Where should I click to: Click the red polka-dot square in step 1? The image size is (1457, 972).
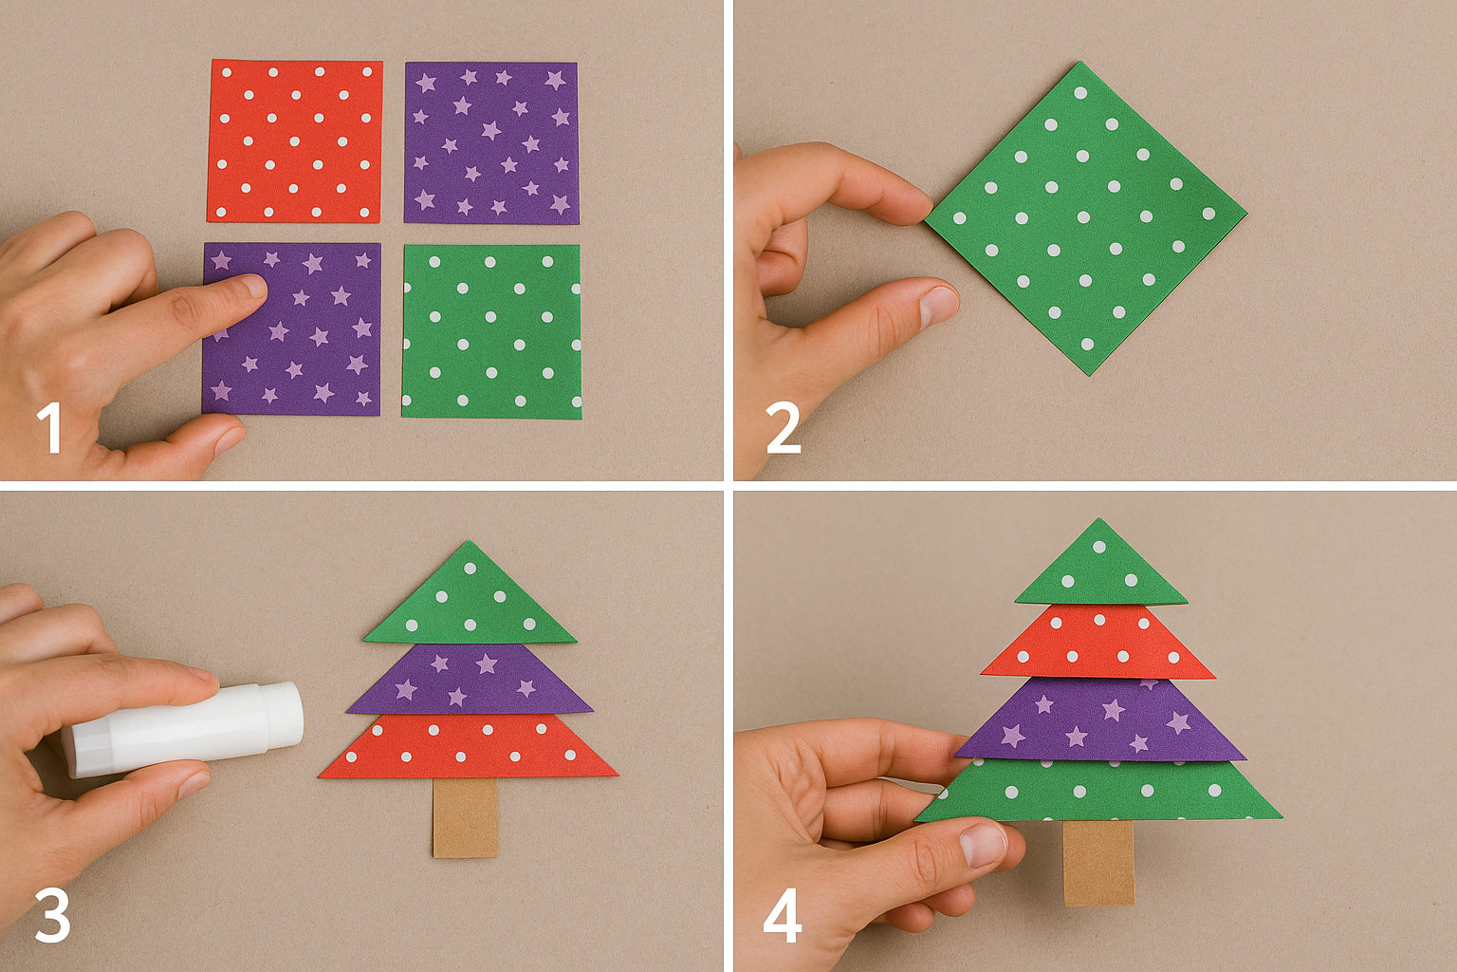click(295, 141)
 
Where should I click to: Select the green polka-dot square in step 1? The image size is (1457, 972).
click(490, 331)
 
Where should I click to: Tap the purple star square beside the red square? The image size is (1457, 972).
click(490, 142)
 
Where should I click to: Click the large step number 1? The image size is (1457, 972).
click(49, 428)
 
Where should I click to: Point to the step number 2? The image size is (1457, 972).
click(783, 428)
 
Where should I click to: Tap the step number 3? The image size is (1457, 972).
click(51, 916)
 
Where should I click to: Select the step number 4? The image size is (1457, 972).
click(783, 918)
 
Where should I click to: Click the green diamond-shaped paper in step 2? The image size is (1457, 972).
click(1084, 218)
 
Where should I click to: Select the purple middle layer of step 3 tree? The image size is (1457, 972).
click(469, 680)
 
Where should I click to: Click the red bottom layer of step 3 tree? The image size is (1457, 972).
click(469, 747)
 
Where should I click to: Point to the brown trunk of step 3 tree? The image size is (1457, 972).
click(465, 817)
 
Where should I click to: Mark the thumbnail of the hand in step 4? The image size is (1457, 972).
click(983, 843)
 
